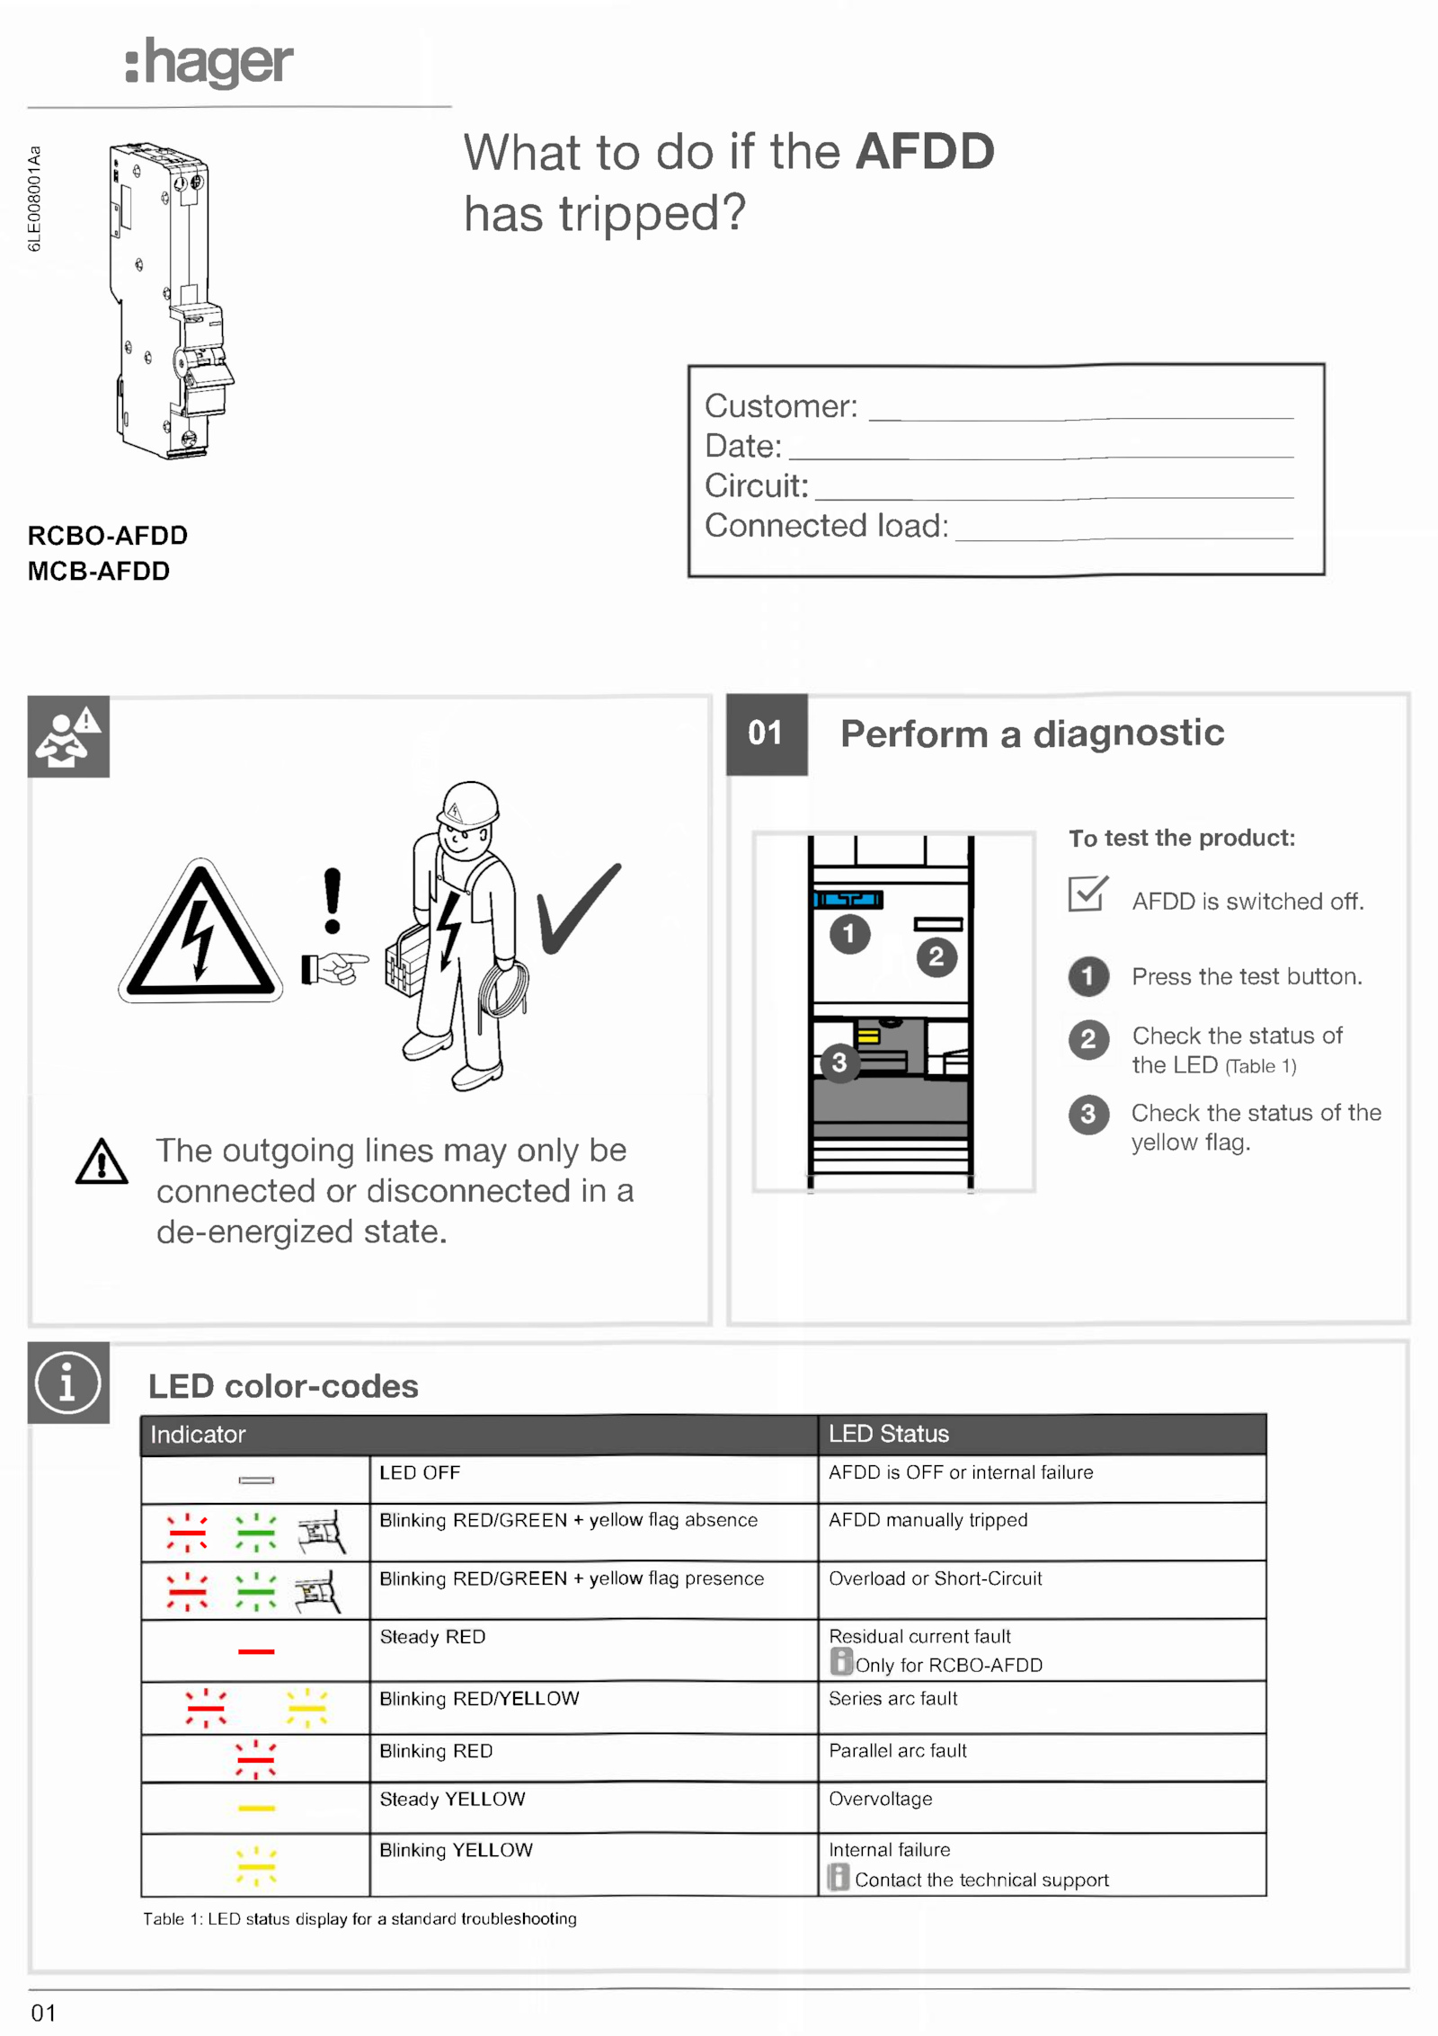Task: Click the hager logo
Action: (209, 63)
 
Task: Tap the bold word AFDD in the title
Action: (925, 151)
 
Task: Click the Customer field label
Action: (781, 406)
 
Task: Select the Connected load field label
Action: (826, 526)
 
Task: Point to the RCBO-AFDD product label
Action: (108, 536)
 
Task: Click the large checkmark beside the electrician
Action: (578, 907)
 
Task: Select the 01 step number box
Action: (766, 733)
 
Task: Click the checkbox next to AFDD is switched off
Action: (1087, 894)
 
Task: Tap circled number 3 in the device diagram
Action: (839, 1062)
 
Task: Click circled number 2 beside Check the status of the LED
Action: (1088, 1040)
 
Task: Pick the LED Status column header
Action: (888, 1434)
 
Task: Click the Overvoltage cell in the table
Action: (880, 1799)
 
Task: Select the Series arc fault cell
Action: (892, 1698)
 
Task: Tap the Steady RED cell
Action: (432, 1636)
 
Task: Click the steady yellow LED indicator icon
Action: (256, 1808)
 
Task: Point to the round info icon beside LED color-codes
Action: (68, 1383)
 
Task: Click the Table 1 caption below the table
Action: (359, 1919)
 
